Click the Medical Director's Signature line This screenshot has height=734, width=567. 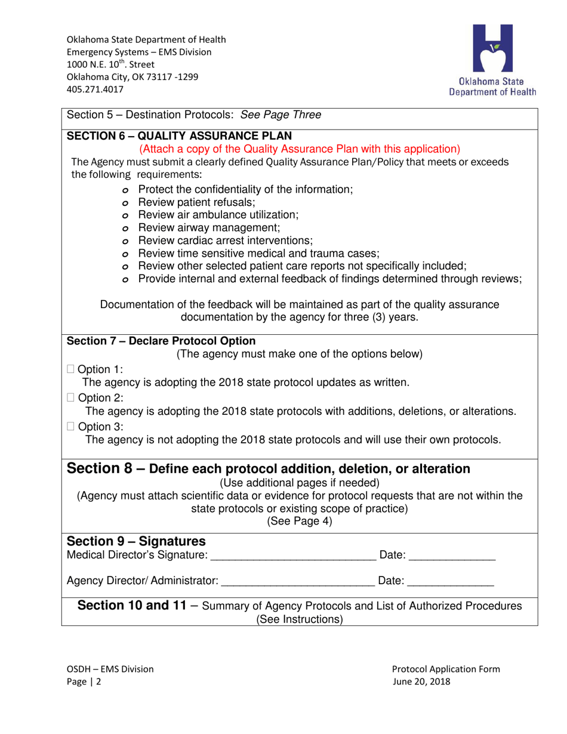tap(293, 556)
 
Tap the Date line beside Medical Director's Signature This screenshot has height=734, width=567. tap(452, 556)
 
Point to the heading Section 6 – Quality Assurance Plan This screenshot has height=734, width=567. tap(179, 135)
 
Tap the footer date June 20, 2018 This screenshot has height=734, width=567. tap(421, 681)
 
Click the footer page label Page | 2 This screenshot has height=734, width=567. tap(84, 681)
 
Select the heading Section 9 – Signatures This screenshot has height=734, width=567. tap(136, 541)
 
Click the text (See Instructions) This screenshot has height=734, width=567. tap(300, 619)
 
